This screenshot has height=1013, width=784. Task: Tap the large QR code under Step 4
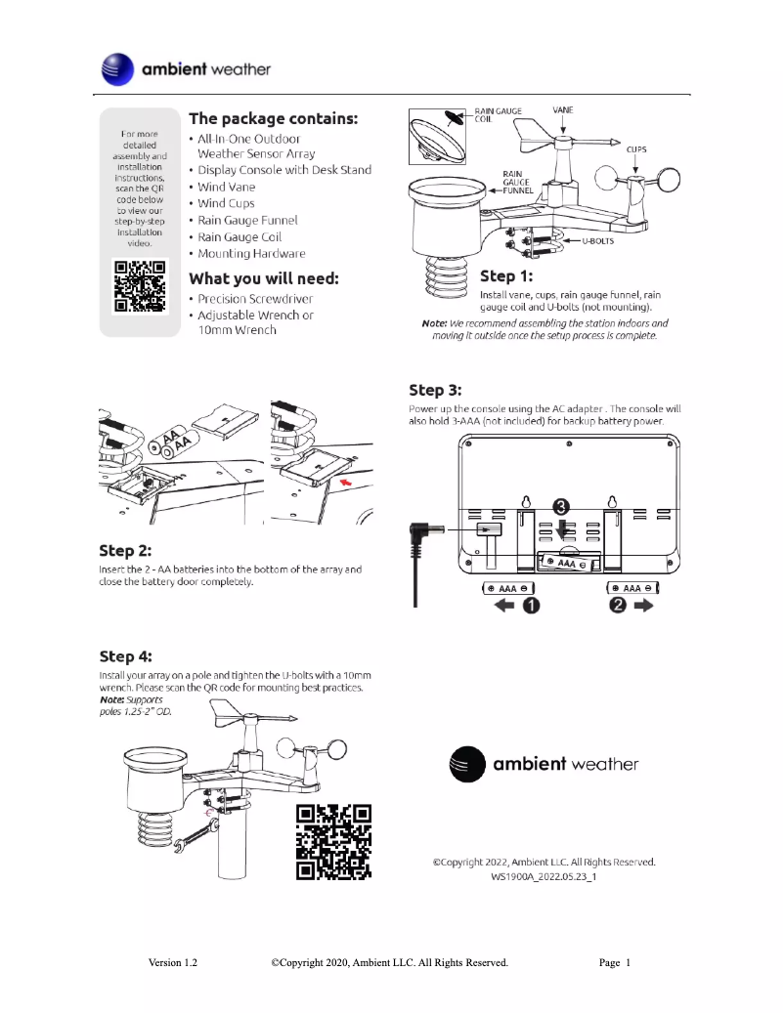[333, 842]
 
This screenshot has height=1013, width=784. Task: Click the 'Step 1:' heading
[506, 275]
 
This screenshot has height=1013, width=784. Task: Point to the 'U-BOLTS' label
[597, 240]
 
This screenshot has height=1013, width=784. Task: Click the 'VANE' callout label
[563, 110]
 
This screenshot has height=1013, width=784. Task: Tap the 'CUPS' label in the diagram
[635, 150]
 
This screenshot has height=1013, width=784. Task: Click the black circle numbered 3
[561, 506]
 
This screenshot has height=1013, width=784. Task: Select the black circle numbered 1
[530, 607]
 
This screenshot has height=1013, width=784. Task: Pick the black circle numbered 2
[618, 607]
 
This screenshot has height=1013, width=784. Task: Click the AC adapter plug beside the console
[422, 536]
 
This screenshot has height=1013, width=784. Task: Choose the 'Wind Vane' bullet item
[226, 187]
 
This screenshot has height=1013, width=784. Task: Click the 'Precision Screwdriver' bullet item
[255, 299]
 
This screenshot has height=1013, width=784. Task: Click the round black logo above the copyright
[466, 763]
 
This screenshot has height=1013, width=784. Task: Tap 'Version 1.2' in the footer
[173, 962]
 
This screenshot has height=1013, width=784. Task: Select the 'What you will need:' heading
[263, 278]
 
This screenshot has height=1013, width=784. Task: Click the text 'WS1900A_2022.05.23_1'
[544, 877]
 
